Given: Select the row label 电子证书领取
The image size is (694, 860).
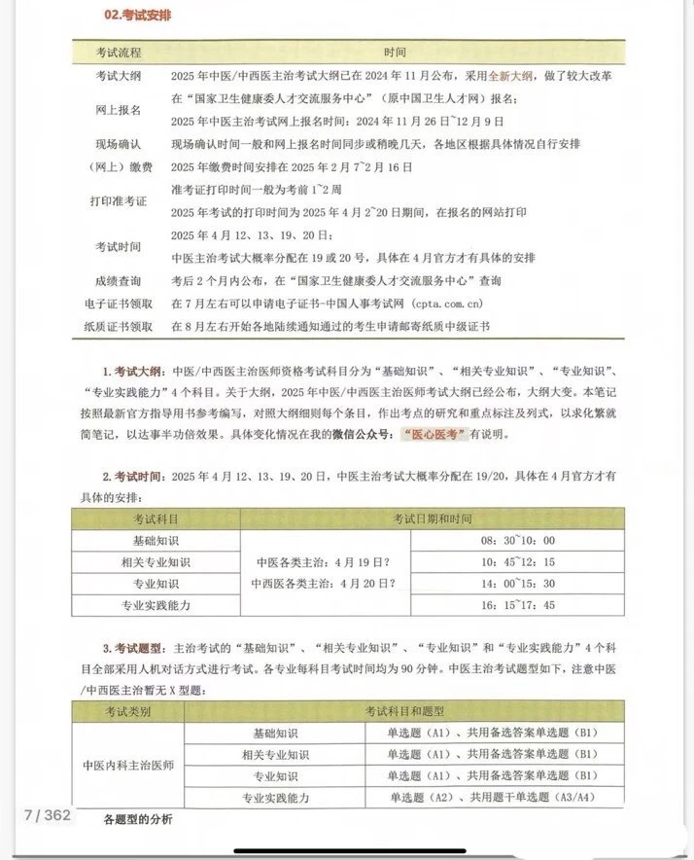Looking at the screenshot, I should point(120,305).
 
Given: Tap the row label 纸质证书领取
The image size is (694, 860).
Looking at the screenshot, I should point(120,328).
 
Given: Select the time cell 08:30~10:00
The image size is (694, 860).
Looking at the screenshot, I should point(510,540).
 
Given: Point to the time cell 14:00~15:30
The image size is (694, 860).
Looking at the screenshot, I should point(510,584).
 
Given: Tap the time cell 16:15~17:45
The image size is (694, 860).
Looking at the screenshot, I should point(510,605).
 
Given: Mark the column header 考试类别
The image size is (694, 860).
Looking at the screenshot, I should point(127,711).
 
